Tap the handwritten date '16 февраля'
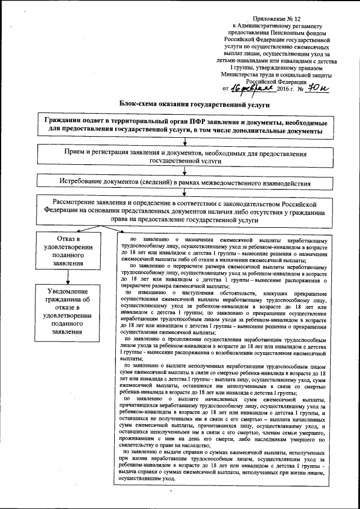click(251, 88)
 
